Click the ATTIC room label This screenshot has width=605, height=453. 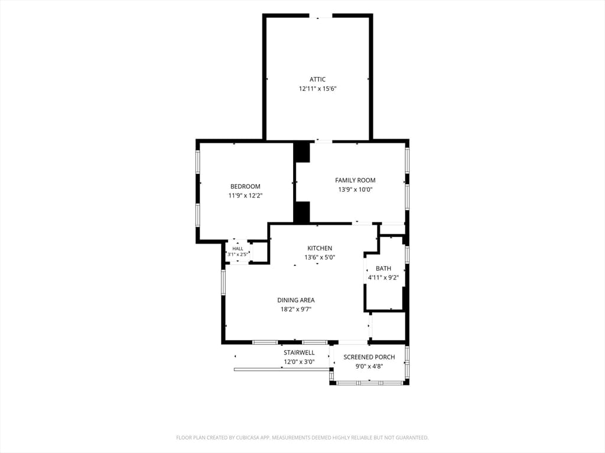coord(317,80)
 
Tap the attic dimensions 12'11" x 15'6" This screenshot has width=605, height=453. coord(318,88)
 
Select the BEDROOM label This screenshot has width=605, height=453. coord(245,186)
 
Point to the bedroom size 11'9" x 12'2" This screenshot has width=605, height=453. coord(245,196)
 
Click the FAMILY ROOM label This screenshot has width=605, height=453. coord(355,180)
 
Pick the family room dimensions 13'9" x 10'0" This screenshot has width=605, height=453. coord(355,189)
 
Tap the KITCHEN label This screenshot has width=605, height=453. coord(320,248)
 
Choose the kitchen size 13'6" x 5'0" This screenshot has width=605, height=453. coord(320,257)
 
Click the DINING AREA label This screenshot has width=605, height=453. coord(296,300)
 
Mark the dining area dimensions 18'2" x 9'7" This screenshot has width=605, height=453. coord(296,309)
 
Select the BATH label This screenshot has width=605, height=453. coord(383,268)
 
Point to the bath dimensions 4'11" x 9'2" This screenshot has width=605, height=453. coord(383,278)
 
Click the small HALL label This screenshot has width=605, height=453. coord(238,249)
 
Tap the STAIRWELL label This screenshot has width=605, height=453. coord(300,353)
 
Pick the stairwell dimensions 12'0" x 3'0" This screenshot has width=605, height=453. coord(300,362)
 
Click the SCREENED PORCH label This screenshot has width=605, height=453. coord(369,357)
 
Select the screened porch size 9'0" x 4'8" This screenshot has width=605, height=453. coord(369,366)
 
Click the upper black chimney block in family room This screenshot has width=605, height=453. coord(302,152)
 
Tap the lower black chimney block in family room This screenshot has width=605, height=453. coord(302,212)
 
